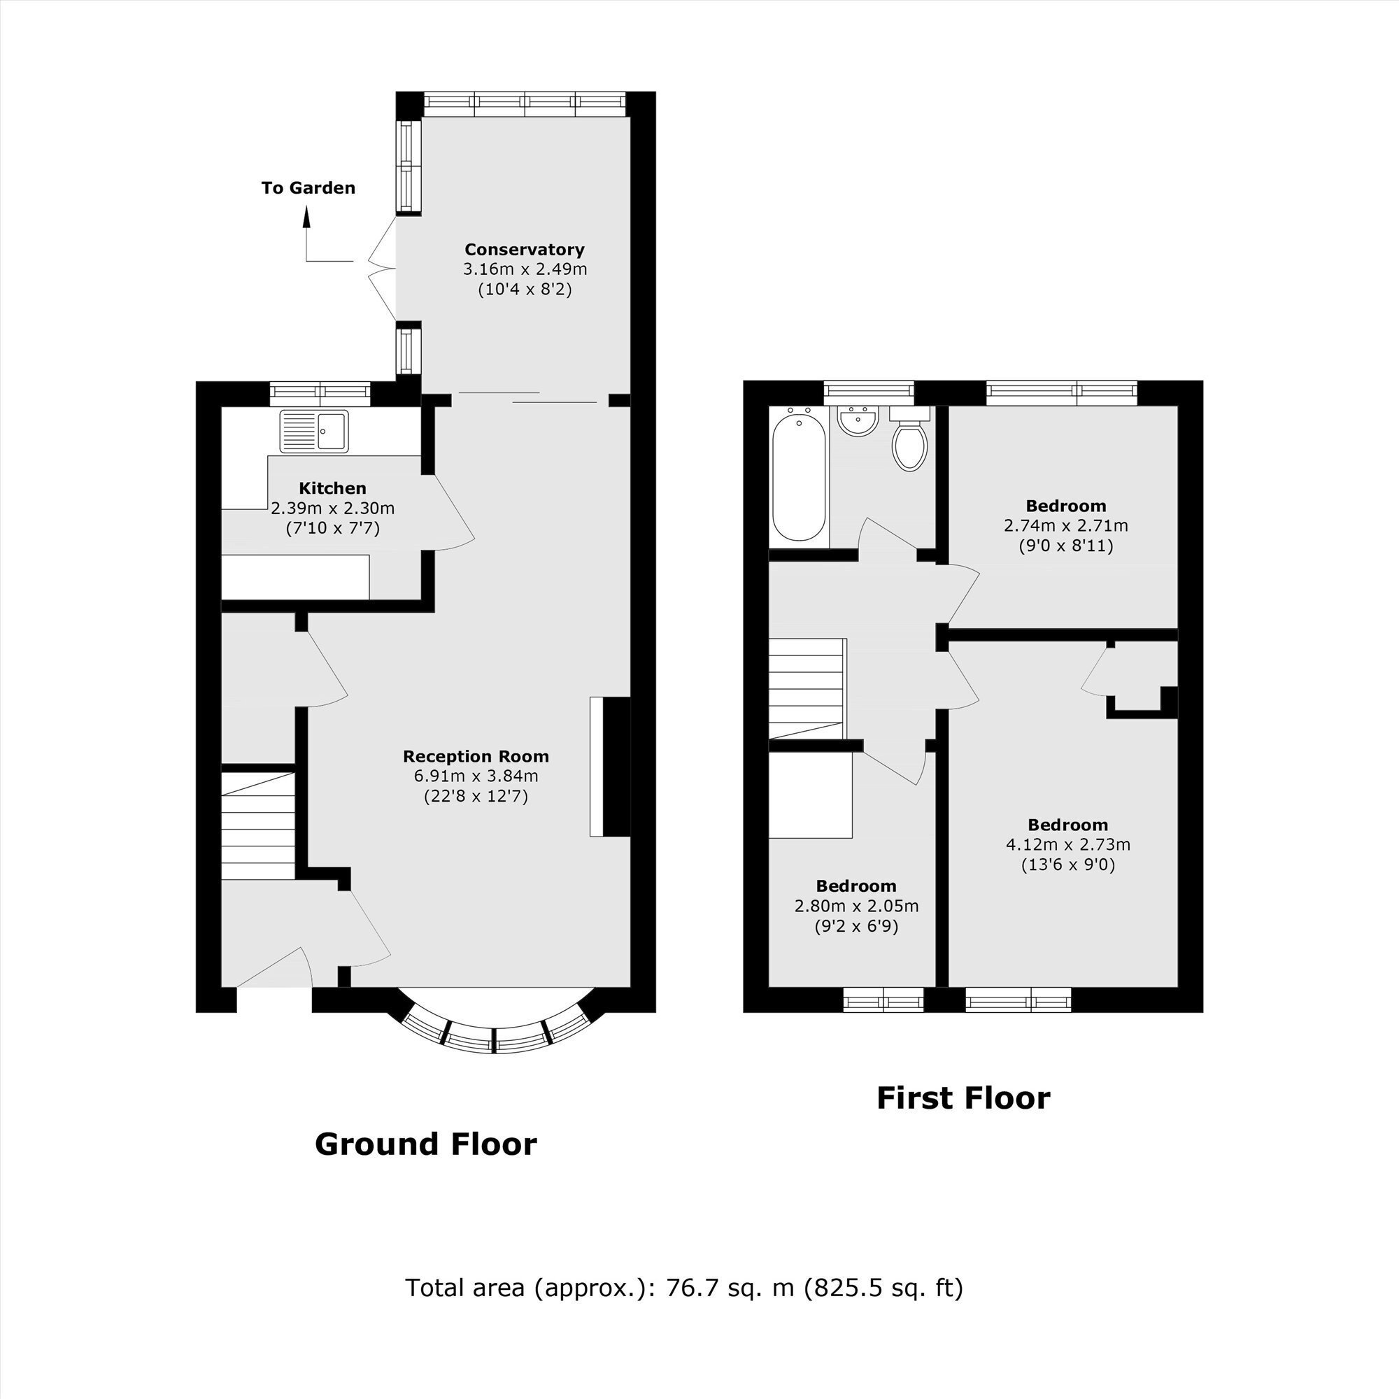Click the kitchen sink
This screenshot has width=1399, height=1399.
(314, 432)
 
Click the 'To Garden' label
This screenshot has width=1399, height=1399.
(308, 188)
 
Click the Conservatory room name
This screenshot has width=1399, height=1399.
(524, 250)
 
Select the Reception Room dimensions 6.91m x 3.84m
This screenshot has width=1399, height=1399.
(476, 776)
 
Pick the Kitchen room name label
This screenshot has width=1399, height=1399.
(332, 488)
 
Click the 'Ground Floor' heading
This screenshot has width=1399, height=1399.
(426, 1144)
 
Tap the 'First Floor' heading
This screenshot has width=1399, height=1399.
(963, 1098)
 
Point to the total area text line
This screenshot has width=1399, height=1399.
(684, 1288)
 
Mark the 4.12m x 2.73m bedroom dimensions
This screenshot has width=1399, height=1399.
(1068, 844)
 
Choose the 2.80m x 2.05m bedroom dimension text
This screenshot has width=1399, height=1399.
(857, 906)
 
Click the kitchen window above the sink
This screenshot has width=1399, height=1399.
(320, 393)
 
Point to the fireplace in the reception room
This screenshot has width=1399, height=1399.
(611, 767)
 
